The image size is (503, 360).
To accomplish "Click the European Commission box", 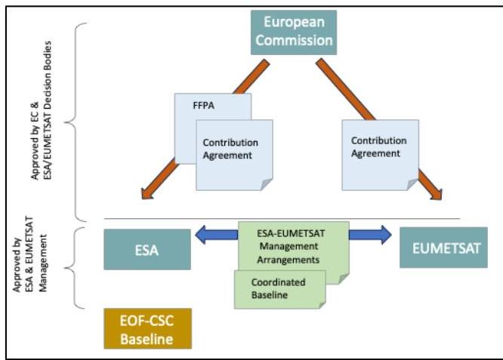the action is pyautogui.click(x=294, y=32).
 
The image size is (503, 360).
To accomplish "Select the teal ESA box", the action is pyautogui.click(x=147, y=249).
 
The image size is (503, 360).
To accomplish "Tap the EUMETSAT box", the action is pyautogui.click(x=443, y=247).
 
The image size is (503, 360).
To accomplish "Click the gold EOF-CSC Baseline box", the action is pyautogui.click(x=147, y=328).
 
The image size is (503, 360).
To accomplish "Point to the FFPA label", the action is pyautogui.click(x=204, y=106).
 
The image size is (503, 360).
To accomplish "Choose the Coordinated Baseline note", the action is pyautogui.click(x=280, y=289).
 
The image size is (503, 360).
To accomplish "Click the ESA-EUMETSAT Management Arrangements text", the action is pyautogui.click(x=290, y=246).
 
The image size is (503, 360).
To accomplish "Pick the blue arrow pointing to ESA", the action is pyautogui.click(x=217, y=235).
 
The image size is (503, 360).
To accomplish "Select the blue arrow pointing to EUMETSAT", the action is pyautogui.click(x=370, y=235).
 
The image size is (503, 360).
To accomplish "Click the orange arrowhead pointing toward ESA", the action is pyautogui.click(x=147, y=194).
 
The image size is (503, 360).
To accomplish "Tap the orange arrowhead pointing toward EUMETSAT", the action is pyautogui.click(x=437, y=194).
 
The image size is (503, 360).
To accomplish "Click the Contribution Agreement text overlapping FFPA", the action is pyautogui.click(x=230, y=149).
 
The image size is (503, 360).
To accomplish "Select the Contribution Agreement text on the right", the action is pyautogui.click(x=378, y=147).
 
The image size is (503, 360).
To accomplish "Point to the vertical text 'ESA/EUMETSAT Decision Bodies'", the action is pyautogui.click(x=48, y=110).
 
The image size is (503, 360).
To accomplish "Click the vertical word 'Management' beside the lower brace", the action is pyautogui.click(x=42, y=263).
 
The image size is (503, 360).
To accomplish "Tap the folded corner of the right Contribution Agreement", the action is pyautogui.click(x=412, y=184).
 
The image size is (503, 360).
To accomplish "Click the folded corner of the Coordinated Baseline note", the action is pyautogui.click(x=322, y=305).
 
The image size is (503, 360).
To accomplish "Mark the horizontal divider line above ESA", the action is pyautogui.click(x=282, y=219).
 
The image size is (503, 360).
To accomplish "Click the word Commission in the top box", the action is pyautogui.click(x=294, y=41).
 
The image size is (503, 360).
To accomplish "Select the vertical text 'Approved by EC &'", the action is pyautogui.click(x=35, y=140).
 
